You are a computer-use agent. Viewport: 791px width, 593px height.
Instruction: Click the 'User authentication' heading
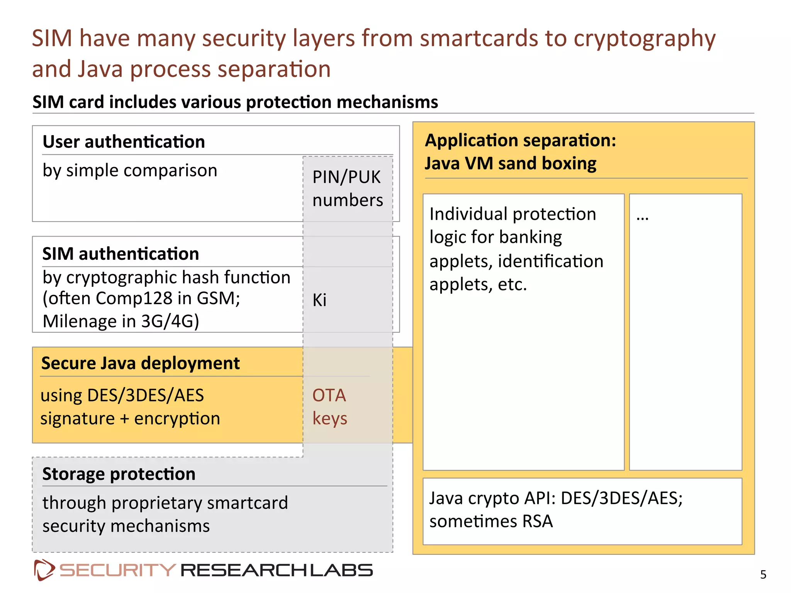click(124, 142)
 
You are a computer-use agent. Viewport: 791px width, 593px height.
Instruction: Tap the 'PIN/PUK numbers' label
click(347, 188)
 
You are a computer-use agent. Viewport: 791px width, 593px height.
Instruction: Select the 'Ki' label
click(319, 300)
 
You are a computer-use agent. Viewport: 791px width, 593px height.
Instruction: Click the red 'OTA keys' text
click(329, 407)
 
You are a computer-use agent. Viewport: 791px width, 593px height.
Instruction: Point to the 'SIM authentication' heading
click(121, 254)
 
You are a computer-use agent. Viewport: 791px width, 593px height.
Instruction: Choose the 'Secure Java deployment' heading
click(140, 363)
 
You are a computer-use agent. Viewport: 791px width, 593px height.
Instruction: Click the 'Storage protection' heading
click(119, 474)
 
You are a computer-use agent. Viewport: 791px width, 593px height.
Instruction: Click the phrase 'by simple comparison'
click(130, 170)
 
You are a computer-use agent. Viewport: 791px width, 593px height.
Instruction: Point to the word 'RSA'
click(537, 521)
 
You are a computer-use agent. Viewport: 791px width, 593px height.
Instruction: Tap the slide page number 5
click(763, 575)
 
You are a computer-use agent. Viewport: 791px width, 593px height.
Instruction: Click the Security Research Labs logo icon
click(44, 570)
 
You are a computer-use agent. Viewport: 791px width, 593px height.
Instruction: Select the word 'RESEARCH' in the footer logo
click(244, 570)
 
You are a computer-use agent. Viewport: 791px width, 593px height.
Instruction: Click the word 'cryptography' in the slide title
click(644, 39)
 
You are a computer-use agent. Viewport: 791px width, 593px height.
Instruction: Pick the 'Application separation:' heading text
click(520, 140)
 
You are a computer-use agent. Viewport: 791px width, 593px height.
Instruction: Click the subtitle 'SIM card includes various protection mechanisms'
click(235, 102)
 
